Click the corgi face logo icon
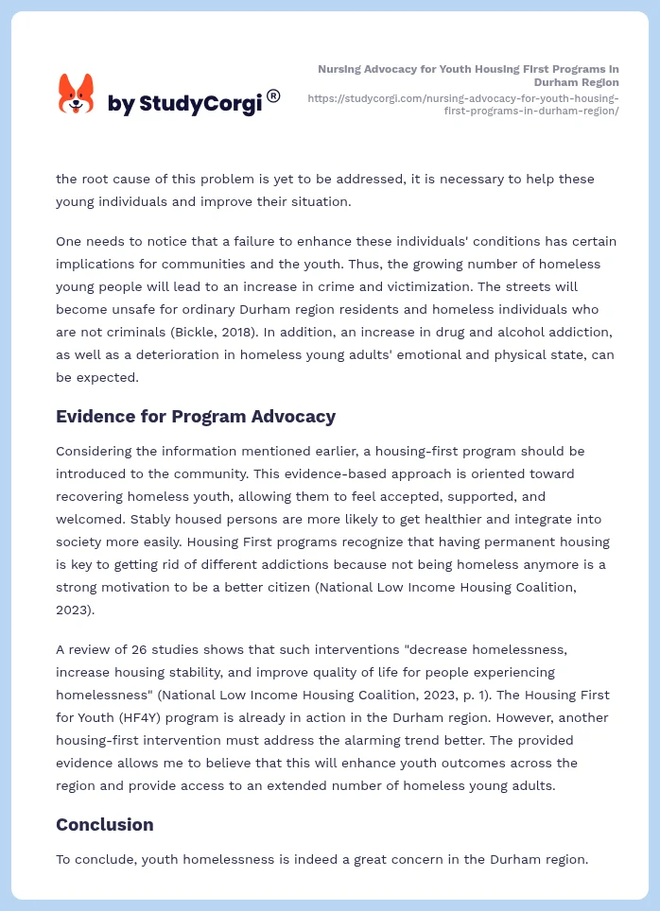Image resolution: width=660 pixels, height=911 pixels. click(x=77, y=95)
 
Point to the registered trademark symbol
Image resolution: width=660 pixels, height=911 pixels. click(x=273, y=95)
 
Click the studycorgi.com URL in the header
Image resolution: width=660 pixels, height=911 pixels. click(x=463, y=104)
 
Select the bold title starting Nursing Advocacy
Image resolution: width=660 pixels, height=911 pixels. click(x=468, y=76)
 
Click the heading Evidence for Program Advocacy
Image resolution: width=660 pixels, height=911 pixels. click(x=196, y=417)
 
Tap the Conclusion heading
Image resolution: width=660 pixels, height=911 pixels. click(x=104, y=825)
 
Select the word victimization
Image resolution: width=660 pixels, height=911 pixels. click(x=502, y=286)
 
